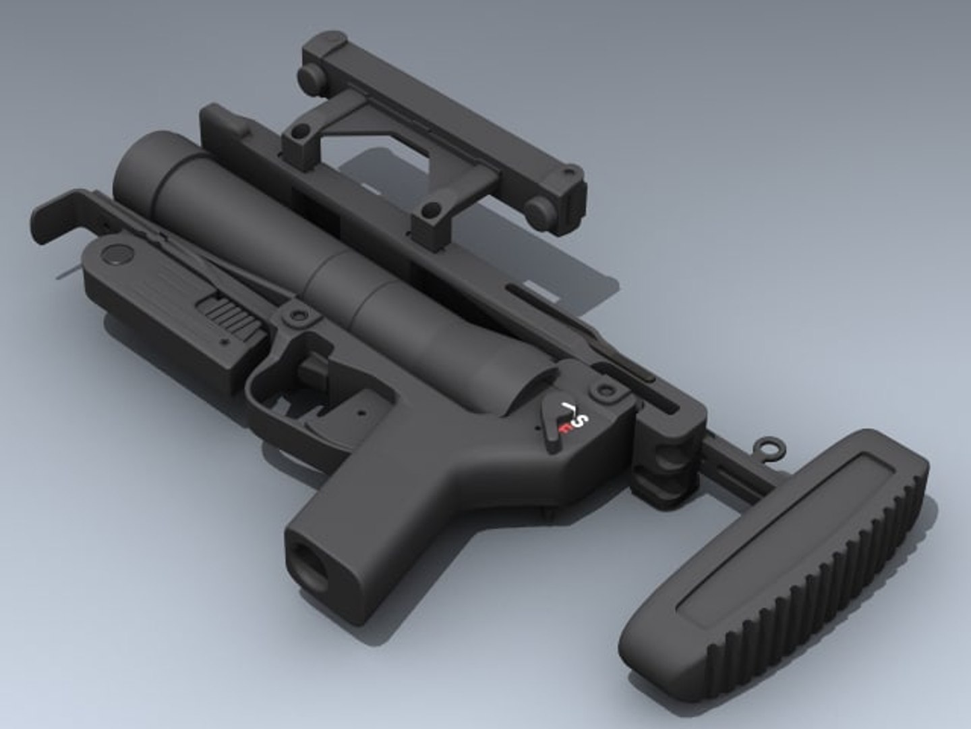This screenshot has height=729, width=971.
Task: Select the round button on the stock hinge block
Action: click(x=668, y=462)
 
